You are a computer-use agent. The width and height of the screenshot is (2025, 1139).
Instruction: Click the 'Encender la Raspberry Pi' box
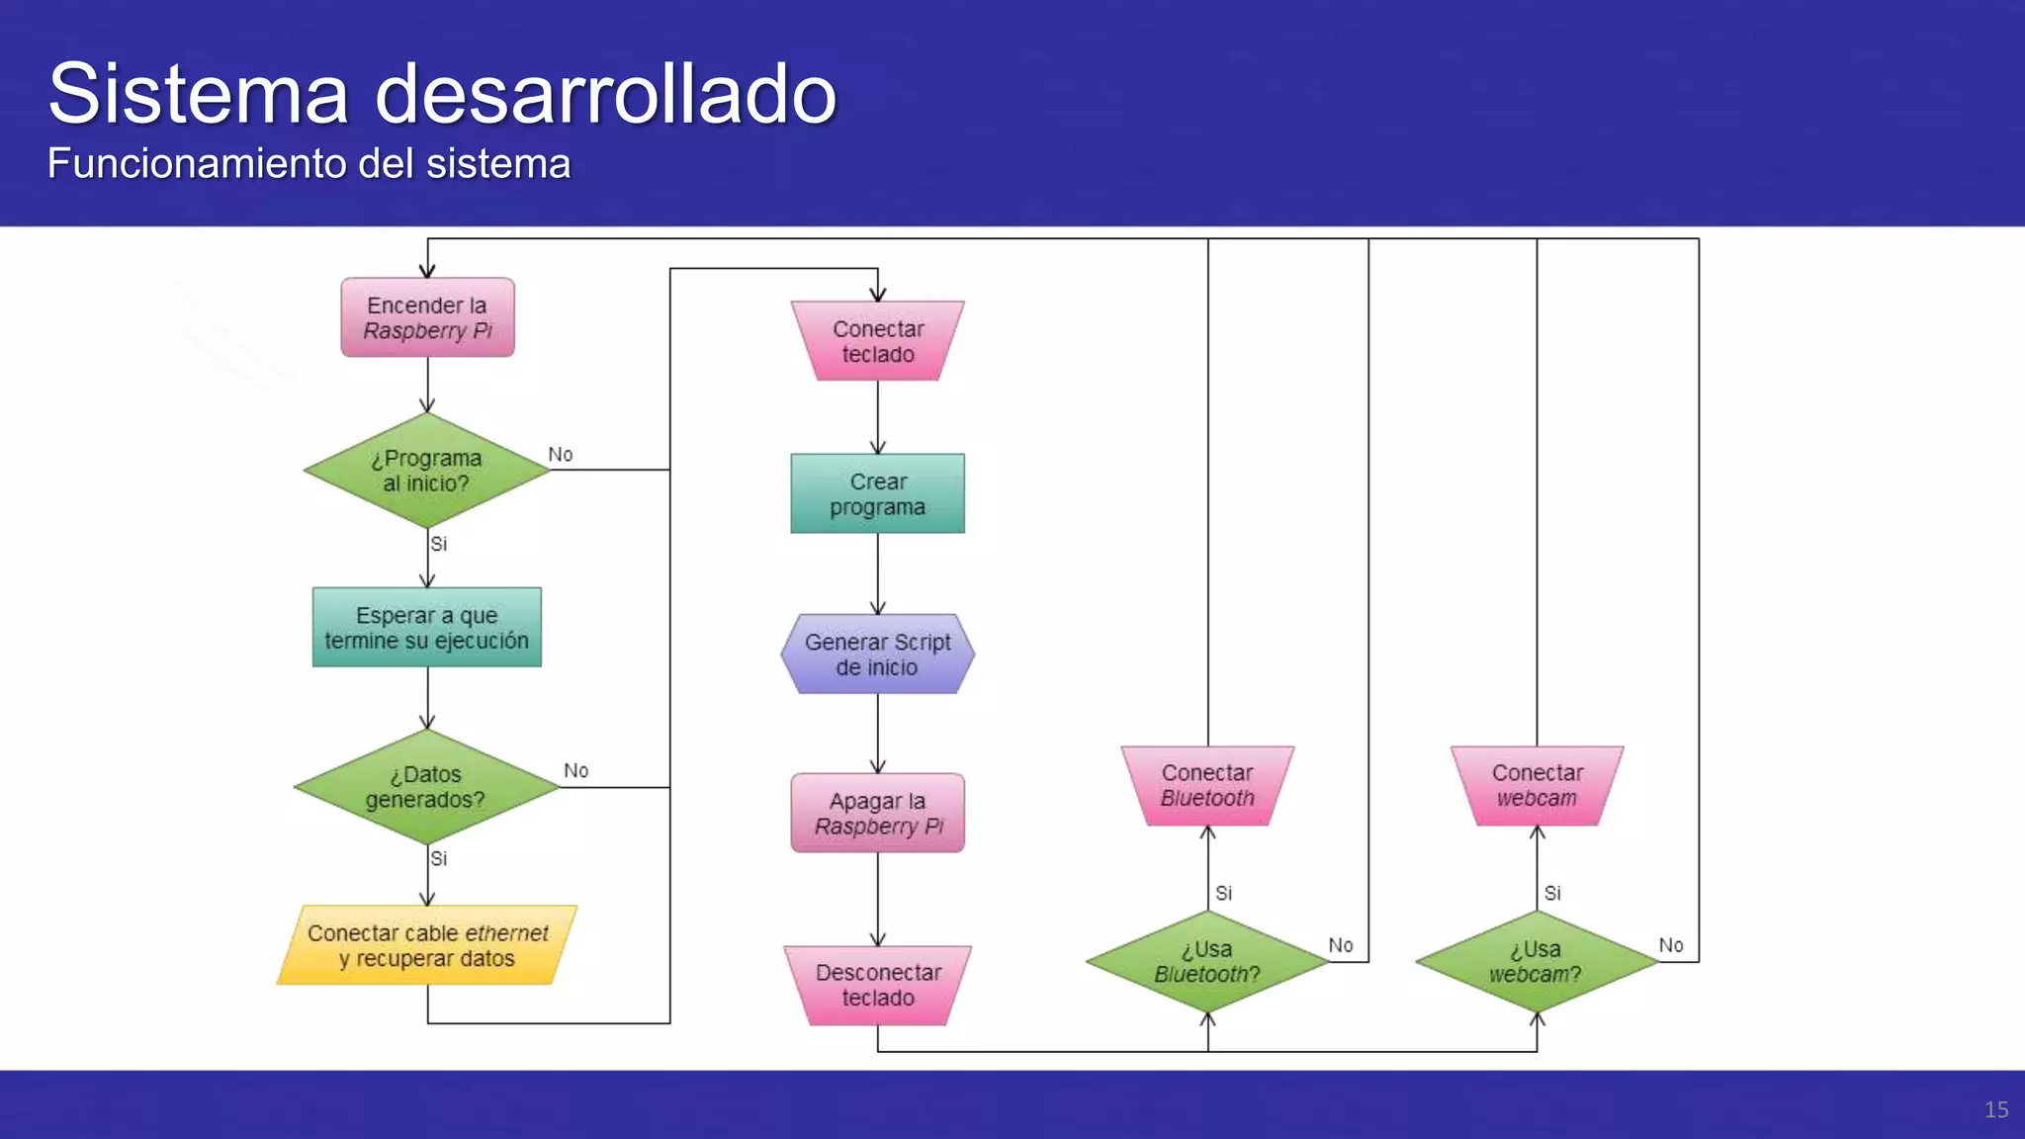tap(427, 317)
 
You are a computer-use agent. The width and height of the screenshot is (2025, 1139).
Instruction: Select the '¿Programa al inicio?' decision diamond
tap(427, 471)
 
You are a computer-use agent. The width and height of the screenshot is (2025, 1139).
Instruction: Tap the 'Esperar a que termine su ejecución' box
tap(427, 628)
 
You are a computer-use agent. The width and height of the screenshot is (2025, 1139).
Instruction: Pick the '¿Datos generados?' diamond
tap(427, 787)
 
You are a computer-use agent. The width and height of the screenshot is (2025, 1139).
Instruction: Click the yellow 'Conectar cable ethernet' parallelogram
tap(427, 945)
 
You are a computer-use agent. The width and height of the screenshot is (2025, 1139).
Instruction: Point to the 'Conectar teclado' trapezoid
tap(878, 341)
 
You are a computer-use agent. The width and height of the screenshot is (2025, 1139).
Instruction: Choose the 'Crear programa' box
tap(878, 493)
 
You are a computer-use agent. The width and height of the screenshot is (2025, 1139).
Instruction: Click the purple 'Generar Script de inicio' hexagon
tap(878, 654)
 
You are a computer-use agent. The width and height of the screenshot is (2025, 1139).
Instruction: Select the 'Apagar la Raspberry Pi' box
tap(878, 813)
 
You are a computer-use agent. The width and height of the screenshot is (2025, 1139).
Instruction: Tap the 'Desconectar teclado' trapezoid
tap(878, 985)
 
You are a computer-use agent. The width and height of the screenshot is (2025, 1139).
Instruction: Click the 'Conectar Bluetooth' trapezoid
tap(1207, 785)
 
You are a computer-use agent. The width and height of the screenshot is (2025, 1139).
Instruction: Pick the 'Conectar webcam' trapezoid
tap(1537, 785)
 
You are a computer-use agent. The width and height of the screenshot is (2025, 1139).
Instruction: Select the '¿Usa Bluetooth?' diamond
tap(1207, 961)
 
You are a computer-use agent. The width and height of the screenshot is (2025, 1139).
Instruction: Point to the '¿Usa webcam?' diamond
tap(1537, 961)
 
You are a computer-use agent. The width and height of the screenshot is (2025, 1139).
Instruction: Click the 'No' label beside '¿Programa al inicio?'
tap(561, 454)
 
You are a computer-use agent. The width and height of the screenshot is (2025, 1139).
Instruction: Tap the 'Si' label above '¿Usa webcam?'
tap(1552, 893)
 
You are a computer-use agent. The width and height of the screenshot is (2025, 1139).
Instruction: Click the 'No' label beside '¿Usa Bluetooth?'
tap(1341, 945)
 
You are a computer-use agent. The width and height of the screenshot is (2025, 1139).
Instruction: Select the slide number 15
tap(1995, 1109)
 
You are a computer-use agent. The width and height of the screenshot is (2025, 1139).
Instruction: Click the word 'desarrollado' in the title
tap(606, 94)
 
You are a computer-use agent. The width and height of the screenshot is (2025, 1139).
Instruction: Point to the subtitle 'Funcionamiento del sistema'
tap(308, 164)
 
